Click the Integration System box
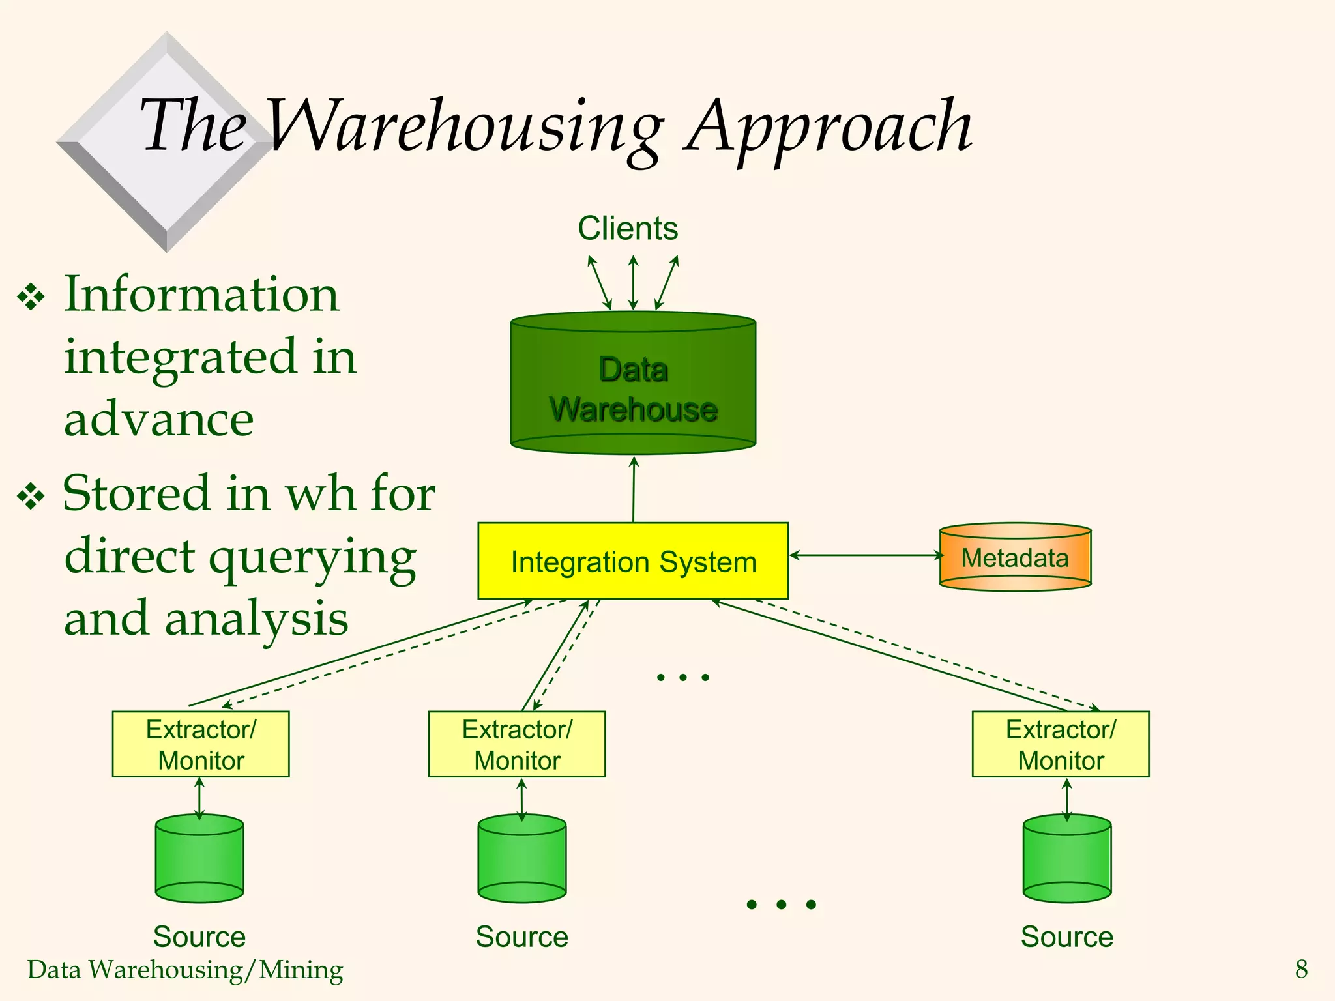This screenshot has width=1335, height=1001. click(632, 561)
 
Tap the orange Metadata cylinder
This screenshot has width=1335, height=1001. click(1015, 558)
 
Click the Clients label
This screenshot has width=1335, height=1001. click(628, 229)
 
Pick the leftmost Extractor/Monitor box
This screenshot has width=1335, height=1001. click(201, 744)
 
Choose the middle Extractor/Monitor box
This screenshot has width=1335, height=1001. click(517, 744)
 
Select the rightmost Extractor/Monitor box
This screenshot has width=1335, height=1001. click(1061, 744)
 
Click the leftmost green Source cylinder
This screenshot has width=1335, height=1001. click(199, 859)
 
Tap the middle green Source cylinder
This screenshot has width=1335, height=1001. click(521, 859)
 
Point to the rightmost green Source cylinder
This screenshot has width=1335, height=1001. click(1067, 859)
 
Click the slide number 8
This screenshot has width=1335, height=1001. click(1301, 969)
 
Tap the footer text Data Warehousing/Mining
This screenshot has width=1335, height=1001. click(185, 970)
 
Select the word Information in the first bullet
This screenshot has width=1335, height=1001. click(201, 295)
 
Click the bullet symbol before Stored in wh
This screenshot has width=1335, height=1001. click(31, 497)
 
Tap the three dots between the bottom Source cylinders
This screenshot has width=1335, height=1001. click(781, 904)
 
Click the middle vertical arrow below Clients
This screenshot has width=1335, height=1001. click(633, 282)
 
